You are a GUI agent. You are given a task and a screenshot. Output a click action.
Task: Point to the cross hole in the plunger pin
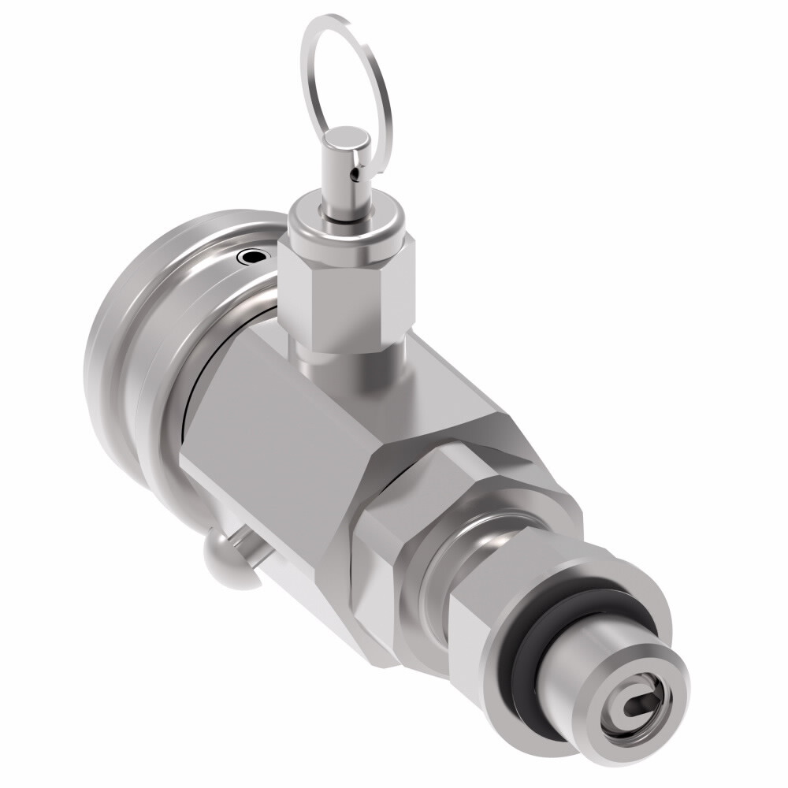tap(356, 167)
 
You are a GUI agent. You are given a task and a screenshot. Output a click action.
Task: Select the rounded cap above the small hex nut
tap(347, 225)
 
